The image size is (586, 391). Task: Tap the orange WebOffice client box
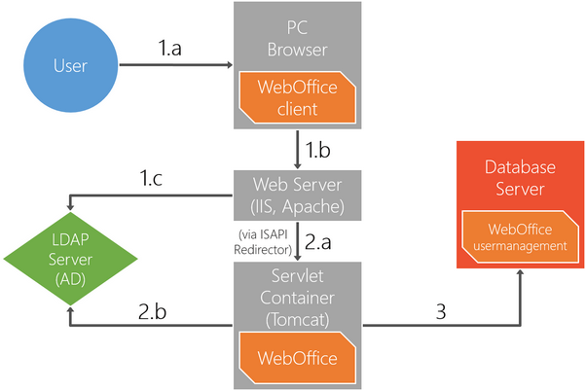297,98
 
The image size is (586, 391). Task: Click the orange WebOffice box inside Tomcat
297,358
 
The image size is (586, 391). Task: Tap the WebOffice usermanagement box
520,237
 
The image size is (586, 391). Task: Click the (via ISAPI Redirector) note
266,241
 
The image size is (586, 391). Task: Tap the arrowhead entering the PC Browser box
230,66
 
